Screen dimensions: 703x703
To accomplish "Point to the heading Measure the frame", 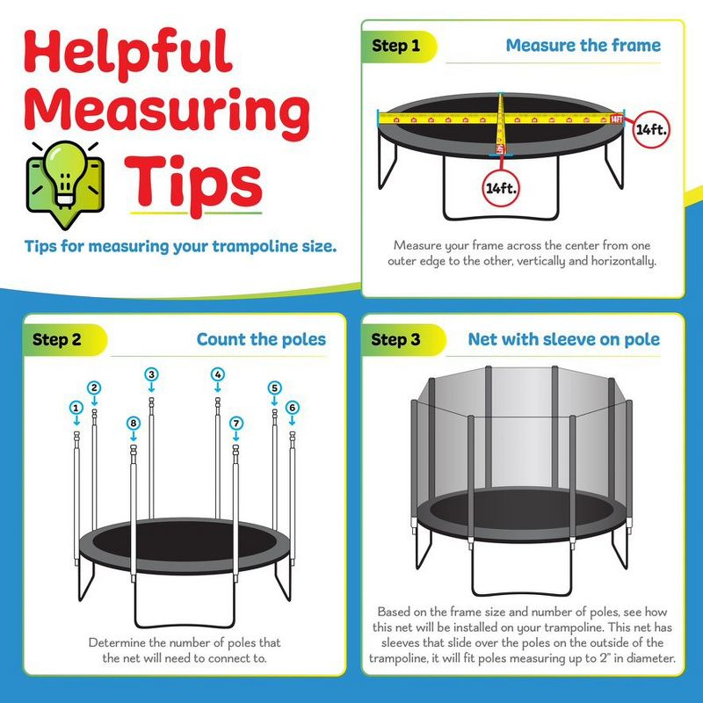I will pos(583,46).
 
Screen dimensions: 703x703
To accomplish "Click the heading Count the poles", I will pos(261,339).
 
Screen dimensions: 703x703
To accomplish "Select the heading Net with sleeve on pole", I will pos(563,339).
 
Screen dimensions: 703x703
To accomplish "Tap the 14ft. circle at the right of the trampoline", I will pos(651,128).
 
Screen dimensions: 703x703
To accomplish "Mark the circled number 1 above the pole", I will pos(77,408).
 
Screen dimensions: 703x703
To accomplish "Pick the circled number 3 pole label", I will pos(151,374).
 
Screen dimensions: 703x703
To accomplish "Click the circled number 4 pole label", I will pos(217,374).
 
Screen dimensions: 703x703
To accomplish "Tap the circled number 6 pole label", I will pos(292,408).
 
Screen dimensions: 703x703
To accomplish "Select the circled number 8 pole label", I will pos(133,424).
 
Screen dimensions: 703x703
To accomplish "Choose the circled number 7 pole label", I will pos(236,424).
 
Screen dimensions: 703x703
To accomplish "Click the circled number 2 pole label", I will pos(94,388).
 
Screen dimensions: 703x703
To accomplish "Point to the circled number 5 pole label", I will pos(274,388).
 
